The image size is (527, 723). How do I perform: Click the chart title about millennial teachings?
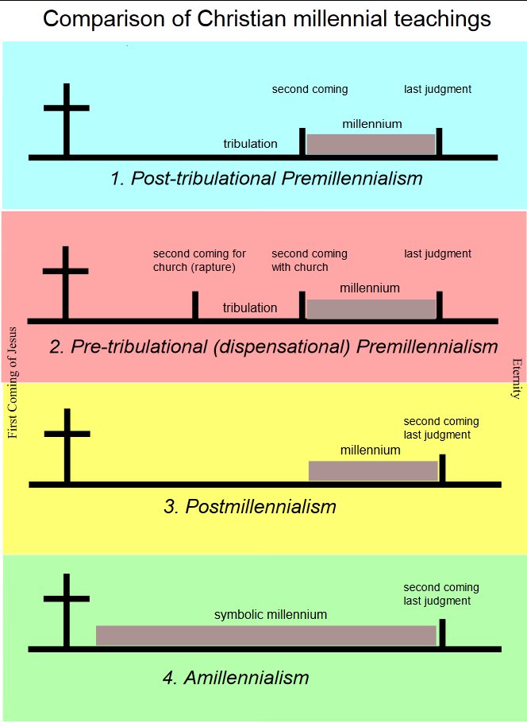click(x=267, y=19)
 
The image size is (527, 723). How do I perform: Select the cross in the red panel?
click(x=66, y=281)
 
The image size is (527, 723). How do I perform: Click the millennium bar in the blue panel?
click(x=371, y=144)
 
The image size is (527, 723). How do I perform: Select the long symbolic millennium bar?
click(x=266, y=636)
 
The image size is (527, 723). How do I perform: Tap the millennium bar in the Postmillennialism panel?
click(x=372, y=470)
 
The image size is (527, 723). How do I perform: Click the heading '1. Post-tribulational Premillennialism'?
click(x=267, y=178)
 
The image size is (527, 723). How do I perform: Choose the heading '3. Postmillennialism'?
click(x=250, y=506)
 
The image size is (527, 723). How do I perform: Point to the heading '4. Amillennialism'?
click(x=235, y=678)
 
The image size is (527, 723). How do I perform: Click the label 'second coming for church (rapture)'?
click(x=199, y=261)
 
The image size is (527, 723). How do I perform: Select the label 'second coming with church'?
click(x=310, y=261)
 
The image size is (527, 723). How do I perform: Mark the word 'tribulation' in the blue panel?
click(x=250, y=144)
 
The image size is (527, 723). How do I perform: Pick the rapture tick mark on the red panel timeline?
click(x=195, y=306)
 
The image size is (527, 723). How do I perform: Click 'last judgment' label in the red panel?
click(x=437, y=254)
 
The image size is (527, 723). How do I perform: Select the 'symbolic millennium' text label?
click(x=271, y=615)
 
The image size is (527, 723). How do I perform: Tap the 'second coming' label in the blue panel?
click(x=310, y=89)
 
